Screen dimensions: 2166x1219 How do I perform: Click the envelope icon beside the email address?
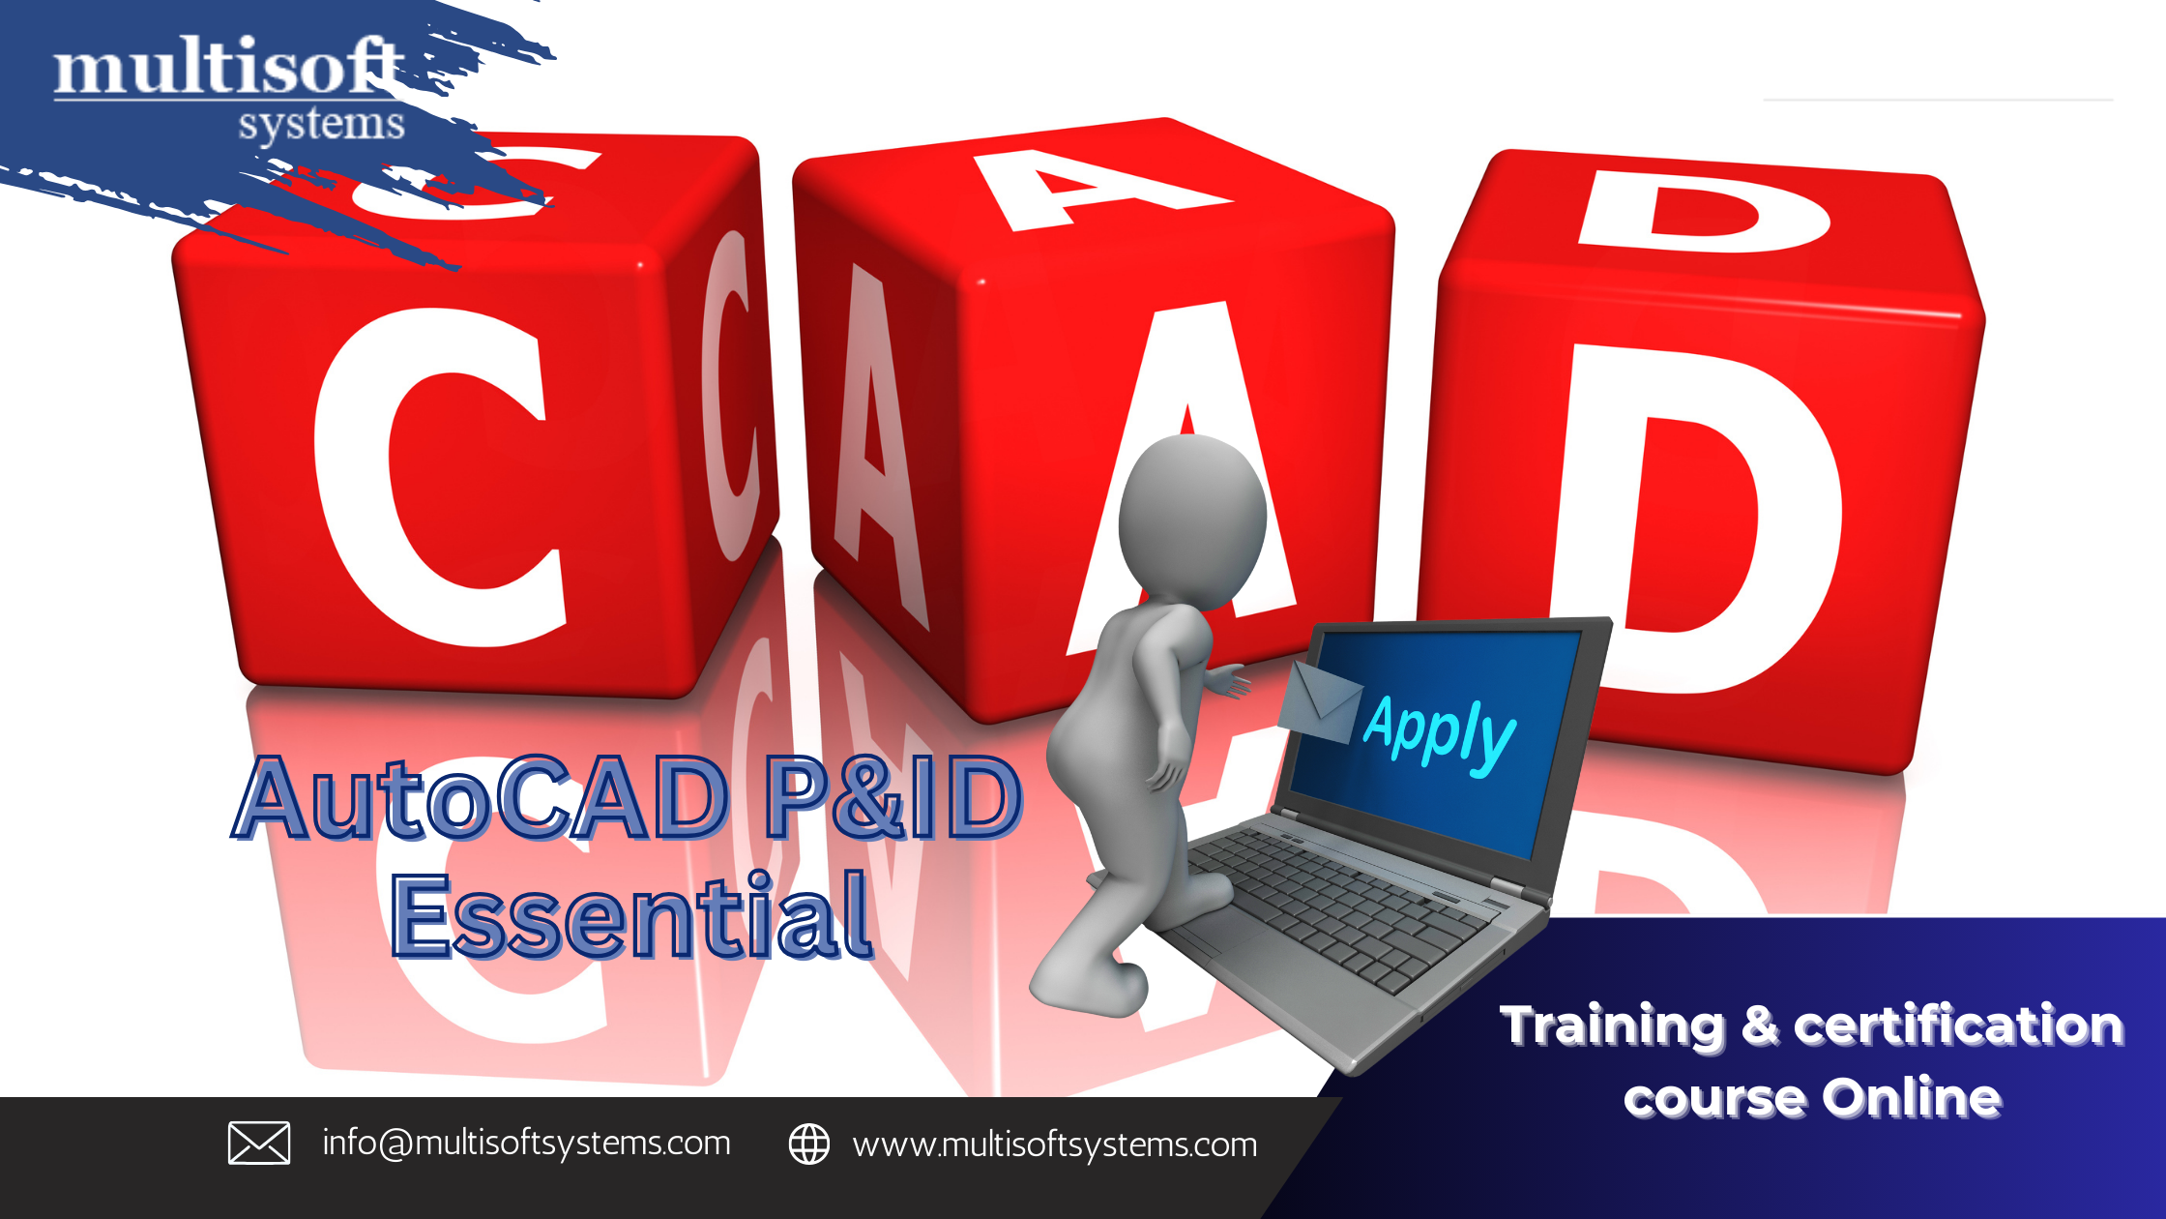click(259, 1144)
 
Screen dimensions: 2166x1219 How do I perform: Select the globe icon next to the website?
click(809, 1144)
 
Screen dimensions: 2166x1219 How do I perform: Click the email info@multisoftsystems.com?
click(526, 1144)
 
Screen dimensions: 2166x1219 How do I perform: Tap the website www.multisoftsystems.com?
click(1055, 1145)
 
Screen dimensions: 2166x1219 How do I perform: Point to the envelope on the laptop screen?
click(1320, 702)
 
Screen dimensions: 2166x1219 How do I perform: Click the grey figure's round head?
click(1192, 522)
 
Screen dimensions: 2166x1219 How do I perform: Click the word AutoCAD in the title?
click(481, 798)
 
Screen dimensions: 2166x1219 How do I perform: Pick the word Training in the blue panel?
click(1612, 1026)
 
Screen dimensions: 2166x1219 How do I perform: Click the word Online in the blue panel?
click(1912, 1098)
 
